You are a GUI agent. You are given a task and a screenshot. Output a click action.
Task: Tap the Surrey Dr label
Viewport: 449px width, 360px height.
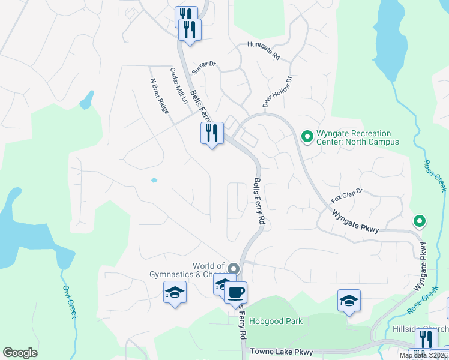[x=203, y=67]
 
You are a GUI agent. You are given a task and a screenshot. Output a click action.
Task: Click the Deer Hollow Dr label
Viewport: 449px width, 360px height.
[x=277, y=89]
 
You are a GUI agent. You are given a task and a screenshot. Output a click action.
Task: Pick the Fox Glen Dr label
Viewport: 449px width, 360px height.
[x=347, y=196]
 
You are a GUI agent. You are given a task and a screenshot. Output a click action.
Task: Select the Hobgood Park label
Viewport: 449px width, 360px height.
[x=276, y=322]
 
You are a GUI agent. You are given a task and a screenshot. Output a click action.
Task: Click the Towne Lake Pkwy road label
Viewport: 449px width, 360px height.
[x=282, y=352]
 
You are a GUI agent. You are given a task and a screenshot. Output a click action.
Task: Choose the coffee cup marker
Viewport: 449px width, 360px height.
[x=235, y=293]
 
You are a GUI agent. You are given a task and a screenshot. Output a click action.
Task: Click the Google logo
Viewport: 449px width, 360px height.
[x=20, y=353]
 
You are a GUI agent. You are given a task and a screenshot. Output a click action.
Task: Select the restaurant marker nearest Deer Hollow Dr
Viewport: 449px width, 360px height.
[x=211, y=133]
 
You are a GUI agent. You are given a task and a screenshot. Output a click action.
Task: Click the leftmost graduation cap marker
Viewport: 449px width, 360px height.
[x=175, y=293]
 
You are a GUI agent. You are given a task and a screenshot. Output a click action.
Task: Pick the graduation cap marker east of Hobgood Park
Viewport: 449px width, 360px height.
[x=349, y=301]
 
